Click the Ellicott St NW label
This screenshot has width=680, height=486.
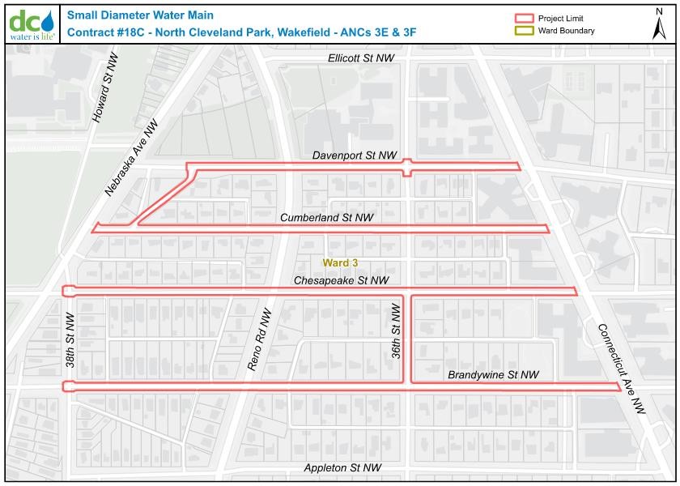coord(361,59)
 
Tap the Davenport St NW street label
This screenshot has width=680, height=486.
coord(355,155)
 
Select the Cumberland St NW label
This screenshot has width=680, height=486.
coord(326,218)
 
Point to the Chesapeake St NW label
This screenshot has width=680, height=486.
coord(341,280)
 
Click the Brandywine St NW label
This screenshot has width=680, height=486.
coord(493,375)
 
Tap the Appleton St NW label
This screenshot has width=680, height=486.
coord(342,468)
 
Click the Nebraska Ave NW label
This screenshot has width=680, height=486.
coord(131,159)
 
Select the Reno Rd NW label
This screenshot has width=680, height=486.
coord(261,339)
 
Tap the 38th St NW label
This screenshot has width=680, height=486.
coord(70,339)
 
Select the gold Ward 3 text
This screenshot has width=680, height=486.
coord(340,263)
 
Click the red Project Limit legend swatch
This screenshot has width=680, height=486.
coord(525,19)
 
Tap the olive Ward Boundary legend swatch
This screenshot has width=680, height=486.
coord(525,31)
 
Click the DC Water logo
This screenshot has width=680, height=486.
coord(32,23)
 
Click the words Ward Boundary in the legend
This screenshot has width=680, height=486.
coord(567,31)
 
